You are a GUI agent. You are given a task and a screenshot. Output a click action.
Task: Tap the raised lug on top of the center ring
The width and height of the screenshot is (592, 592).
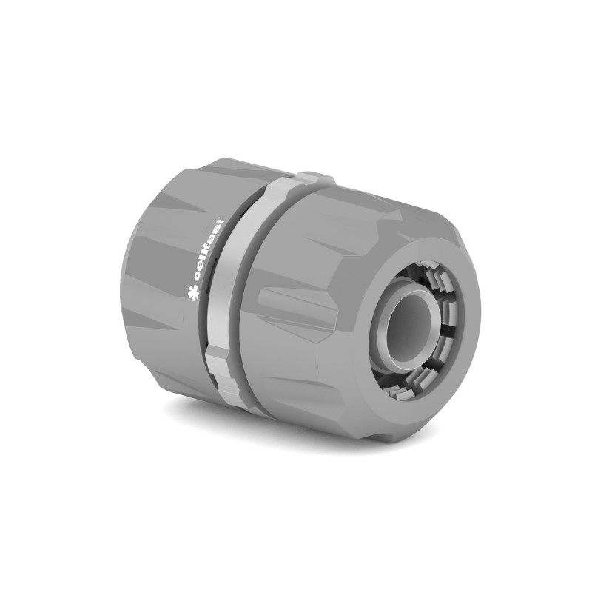[314, 179]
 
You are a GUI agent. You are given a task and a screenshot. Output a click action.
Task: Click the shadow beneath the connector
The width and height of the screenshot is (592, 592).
[296, 429]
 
